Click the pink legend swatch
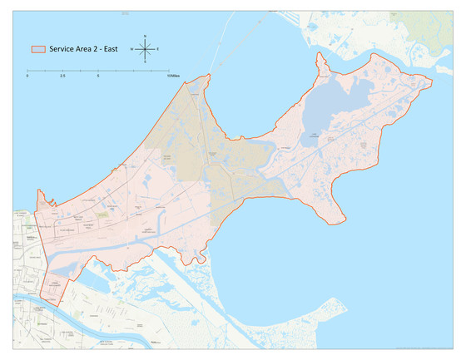point(37,50)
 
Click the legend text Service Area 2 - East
point(82,50)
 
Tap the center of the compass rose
point(145,49)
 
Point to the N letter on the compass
point(145,36)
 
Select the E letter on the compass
point(158,49)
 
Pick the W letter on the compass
point(131,49)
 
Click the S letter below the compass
point(145,62)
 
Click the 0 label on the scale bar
point(27,76)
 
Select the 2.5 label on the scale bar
point(63,76)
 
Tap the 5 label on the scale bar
point(99,76)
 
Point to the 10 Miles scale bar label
point(171,76)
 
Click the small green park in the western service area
point(103,215)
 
